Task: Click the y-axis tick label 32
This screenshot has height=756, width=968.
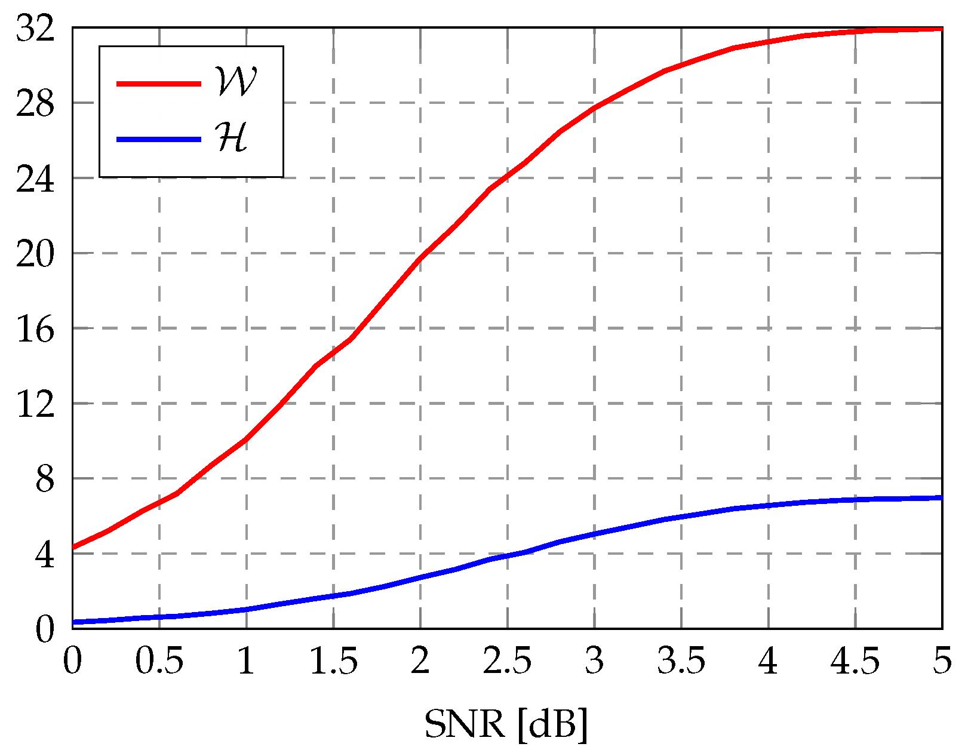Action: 35,28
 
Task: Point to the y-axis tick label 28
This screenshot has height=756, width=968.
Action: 35,103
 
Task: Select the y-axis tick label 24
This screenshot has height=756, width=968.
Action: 35,179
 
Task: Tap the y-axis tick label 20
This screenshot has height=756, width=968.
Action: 35,254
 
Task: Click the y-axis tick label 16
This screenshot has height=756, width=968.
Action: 35,329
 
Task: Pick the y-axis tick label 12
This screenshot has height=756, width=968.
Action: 35,404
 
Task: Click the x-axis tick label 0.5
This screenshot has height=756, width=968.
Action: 159,662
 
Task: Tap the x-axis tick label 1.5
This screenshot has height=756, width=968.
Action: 333,662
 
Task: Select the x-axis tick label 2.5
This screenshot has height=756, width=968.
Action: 507,662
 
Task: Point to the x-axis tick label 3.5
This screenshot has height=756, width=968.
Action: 681,662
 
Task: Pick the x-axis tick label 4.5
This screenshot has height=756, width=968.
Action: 855,662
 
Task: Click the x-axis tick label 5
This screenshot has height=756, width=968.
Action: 942,662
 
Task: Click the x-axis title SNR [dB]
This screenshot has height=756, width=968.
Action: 506,725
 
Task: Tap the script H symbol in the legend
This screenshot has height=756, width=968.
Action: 233,138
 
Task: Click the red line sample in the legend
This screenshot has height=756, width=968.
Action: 159,84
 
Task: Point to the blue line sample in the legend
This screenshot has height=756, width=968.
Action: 159,139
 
